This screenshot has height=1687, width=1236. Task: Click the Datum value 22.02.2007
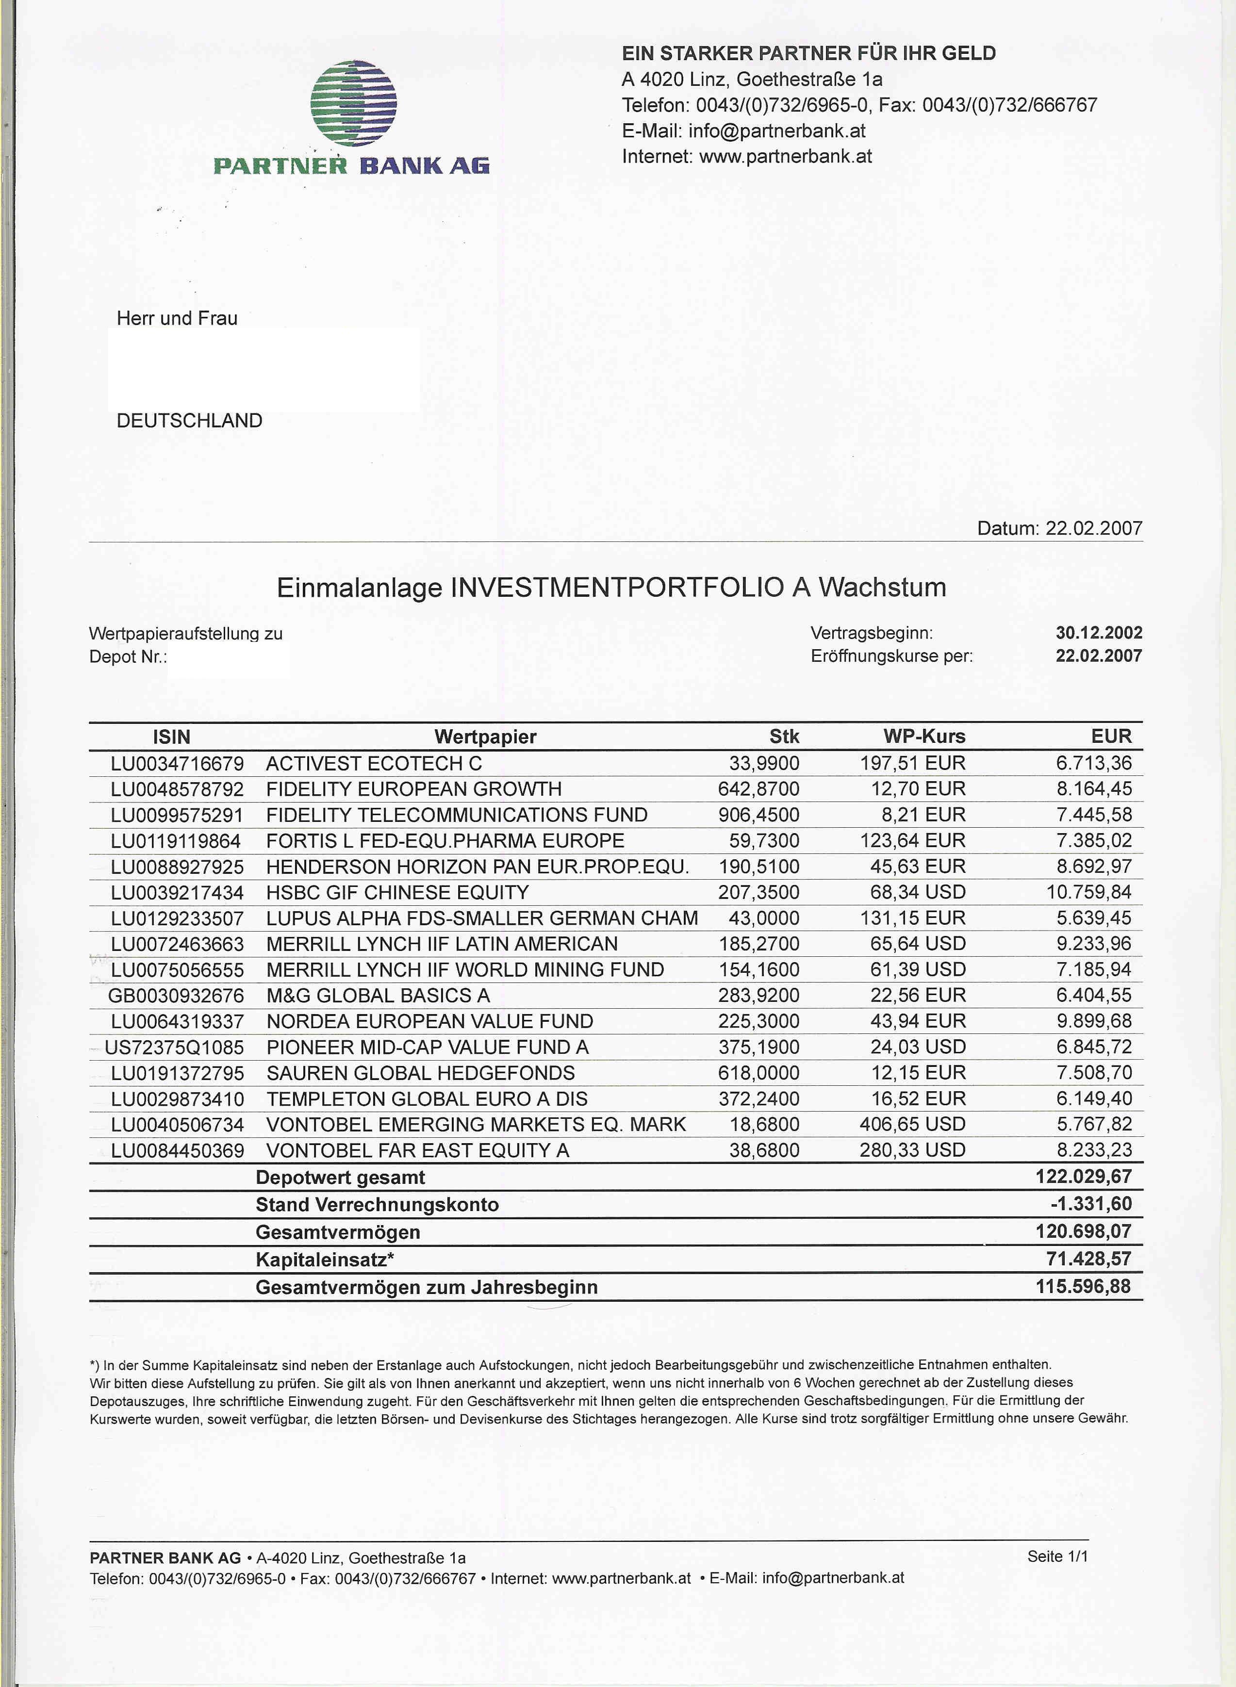[1093, 528]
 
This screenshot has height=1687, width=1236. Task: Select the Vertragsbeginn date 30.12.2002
[1098, 632]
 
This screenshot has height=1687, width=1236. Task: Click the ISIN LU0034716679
[177, 763]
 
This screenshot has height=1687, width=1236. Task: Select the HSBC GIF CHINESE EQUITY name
[397, 892]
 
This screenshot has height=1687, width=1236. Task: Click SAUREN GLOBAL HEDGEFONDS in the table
[420, 1073]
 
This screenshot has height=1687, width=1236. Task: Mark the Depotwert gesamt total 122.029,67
[1083, 1176]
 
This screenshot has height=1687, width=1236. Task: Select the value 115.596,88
[1083, 1287]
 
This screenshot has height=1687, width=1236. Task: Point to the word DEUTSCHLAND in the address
[189, 421]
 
